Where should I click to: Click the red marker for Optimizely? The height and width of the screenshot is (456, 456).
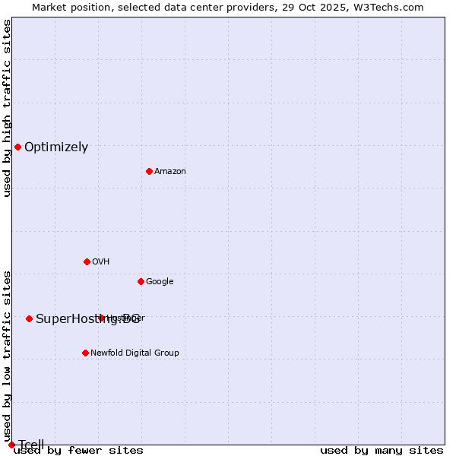pyautogui.click(x=17, y=147)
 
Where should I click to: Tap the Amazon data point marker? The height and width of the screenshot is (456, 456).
pyautogui.click(x=149, y=171)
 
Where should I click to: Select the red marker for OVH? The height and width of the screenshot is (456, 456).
pyautogui.click(x=87, y=261)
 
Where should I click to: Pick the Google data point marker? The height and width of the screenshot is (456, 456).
pyautogui.click(x=141, y=281)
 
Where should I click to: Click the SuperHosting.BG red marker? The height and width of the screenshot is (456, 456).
pyautogui.click(x=29, y=318)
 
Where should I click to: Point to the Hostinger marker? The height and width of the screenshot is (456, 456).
pyautogui.click(x=101, y=318)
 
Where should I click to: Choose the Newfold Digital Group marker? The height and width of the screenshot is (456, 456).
pyautogui.click(x=85, y=353)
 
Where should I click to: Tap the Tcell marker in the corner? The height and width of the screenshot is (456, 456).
pyautogui.click(x=11, y=445)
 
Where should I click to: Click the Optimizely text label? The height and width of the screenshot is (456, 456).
pyautogui.click(x=56, y=147)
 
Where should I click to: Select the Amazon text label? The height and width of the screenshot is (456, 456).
pyautogui.click(x=170, y=172)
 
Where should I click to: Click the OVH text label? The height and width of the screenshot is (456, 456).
pyautogui.click(x=101, y=262)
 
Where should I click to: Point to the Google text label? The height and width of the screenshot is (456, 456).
pyautogui.click(x=160, y=282)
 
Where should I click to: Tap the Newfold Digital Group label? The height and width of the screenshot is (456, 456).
pyautogui.click(x=135, y=353)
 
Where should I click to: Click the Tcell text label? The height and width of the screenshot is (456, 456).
pyautogui.click(x=31, y=445)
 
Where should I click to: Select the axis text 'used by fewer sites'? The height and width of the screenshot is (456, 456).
pyautogui.click(x=78, y=451)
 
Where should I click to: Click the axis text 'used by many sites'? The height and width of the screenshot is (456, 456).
pyautogui.click(x=382, y=451)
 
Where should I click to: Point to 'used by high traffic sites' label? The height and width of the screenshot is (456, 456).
pyautogui.click(x=7, y=108)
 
